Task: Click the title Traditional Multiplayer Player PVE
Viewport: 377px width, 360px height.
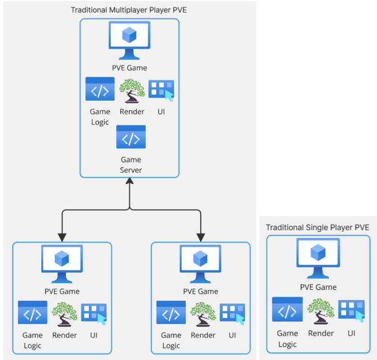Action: [129, 10]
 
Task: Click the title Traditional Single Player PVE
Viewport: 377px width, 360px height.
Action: [318, 227]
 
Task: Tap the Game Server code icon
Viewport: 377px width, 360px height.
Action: [131, 137]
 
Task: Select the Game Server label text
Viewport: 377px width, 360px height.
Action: [131, 165]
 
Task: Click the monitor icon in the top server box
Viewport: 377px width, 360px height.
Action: [129, 40]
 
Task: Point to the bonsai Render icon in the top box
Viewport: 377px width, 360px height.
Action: [132, 91]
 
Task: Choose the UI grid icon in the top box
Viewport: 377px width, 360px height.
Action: [161, 91]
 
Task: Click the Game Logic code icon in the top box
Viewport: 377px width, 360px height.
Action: [100, 89]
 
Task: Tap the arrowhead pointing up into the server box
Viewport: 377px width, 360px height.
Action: [130, 181]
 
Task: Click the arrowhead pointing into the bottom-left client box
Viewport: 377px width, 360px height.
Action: [62, 238]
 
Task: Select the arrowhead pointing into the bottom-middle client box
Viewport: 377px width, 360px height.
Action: [200, 238]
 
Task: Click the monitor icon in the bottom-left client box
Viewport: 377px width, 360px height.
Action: [62, 264]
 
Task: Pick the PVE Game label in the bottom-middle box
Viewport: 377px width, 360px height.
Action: [200, 291]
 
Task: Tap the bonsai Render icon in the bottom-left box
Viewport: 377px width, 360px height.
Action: [65, 315]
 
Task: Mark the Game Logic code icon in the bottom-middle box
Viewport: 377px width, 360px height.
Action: [171, 312]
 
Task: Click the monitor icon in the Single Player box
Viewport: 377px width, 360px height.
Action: [318, 258]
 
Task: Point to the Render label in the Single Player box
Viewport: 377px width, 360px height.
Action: [321, 333]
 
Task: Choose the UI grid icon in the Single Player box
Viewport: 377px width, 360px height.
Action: [352, 311]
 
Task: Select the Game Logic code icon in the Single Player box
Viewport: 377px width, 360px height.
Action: [287, 309]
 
